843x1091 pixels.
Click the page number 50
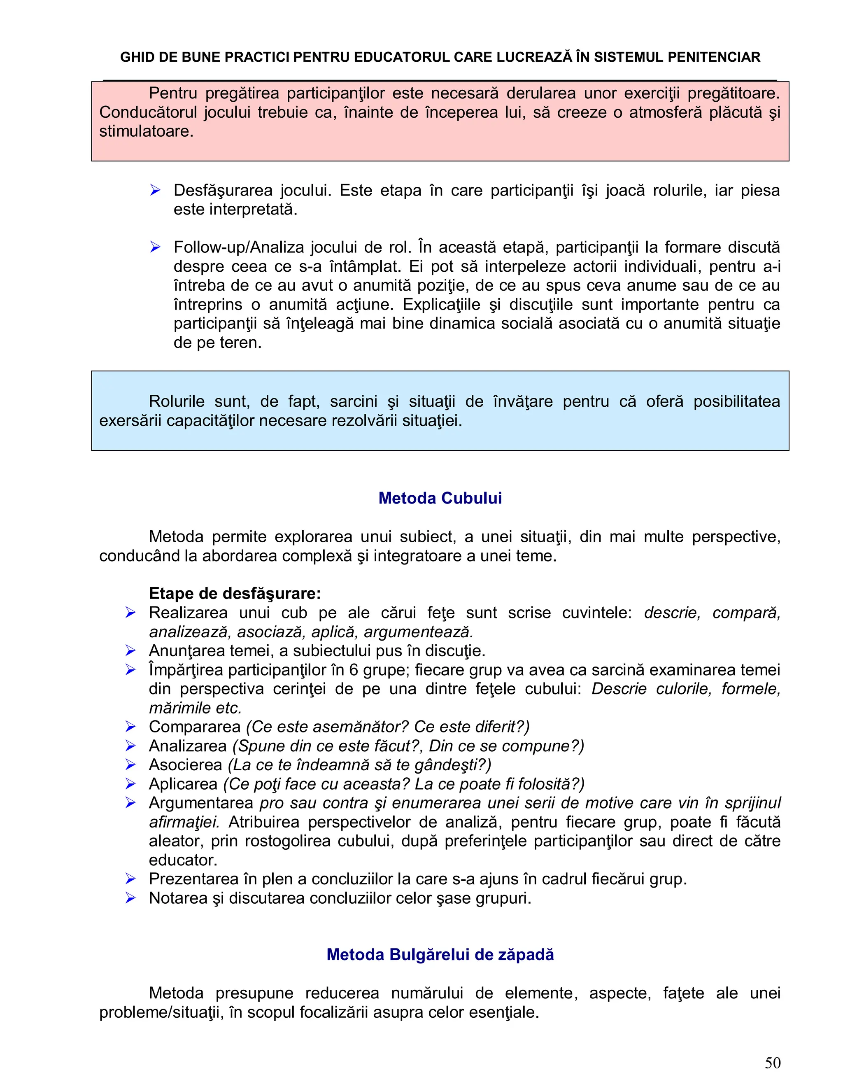(772, 1063)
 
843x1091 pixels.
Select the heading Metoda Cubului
(440, 498)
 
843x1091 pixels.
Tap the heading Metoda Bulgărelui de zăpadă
(440, 954)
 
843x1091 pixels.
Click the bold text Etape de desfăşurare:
(235, 593)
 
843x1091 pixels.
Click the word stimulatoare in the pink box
(146, 131)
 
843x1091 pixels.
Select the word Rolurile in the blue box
(176, 401)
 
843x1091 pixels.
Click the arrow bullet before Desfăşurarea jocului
(155, 190)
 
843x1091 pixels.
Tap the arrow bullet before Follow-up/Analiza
(155, 247)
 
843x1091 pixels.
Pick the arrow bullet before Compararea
(131, 727)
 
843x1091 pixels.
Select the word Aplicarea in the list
(183, 784)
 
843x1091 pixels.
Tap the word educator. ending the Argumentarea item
(183, 860)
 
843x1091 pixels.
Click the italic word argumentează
(418, 632)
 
